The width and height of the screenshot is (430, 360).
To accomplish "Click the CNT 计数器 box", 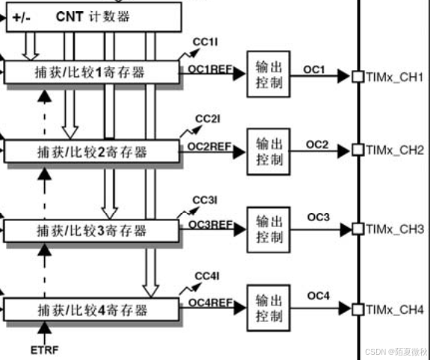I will (x=94, y=16).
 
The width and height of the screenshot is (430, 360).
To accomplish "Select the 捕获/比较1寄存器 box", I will (x=92, y=73).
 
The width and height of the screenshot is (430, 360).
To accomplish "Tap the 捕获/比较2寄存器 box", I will (x=92, y=152).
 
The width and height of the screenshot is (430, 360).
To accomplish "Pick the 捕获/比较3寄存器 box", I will (x=92, y=229).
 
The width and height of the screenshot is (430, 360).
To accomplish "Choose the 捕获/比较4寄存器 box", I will (x=92, y=309).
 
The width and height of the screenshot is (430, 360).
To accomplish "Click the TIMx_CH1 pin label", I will (x=395, y=77).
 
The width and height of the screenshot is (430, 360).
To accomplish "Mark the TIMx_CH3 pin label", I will (x=395, y=229).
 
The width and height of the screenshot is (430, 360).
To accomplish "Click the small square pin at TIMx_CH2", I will (x=358, y=150).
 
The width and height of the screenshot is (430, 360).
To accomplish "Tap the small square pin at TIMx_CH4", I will (x=358, y=308).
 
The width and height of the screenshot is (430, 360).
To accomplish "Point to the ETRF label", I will (x=44, y=349).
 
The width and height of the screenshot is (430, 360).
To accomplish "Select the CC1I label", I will (x=204, y=40).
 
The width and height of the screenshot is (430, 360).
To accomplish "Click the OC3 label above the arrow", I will (x=318, y=217).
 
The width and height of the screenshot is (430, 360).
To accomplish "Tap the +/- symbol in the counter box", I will (x=22, y=16).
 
